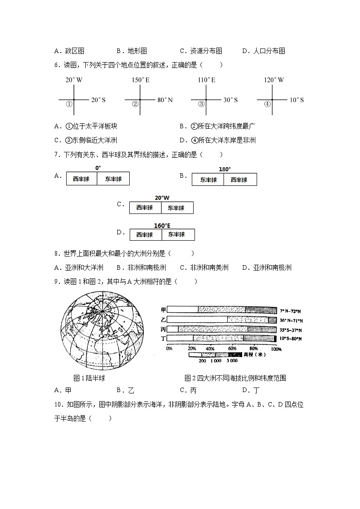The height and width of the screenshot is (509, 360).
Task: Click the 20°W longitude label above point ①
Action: tap(74, 80)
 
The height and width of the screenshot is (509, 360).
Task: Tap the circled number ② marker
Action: tap(135, 104)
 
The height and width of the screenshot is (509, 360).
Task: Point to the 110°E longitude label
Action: tap(206, 80)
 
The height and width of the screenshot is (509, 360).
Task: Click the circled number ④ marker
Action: tap(268, 104)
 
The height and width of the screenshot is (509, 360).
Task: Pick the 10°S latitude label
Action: tap(297, 100)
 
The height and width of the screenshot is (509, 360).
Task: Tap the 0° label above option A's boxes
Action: tap(98, 168)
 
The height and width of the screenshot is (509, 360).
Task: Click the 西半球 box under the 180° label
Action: tap(240, 179)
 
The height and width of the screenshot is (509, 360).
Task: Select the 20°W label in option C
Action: tap(162, 198)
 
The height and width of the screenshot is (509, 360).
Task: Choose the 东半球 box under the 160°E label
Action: tap(177, 234)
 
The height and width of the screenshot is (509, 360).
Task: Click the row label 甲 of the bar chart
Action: tap(163, 310)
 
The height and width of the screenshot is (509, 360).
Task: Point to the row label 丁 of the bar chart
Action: tap(163, 338)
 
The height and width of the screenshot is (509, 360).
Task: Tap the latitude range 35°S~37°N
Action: tap(291, 330)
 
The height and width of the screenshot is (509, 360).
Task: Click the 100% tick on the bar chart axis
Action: tap(276, 349)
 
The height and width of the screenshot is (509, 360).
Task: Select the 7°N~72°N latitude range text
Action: tap(291, 311)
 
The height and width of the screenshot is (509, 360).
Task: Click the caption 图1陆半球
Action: tap(89, 378)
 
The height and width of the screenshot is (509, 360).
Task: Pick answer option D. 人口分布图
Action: tap(263, 51)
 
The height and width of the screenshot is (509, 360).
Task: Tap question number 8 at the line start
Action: tap(56, 253)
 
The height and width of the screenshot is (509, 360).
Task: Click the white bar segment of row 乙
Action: tap(197, 320)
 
